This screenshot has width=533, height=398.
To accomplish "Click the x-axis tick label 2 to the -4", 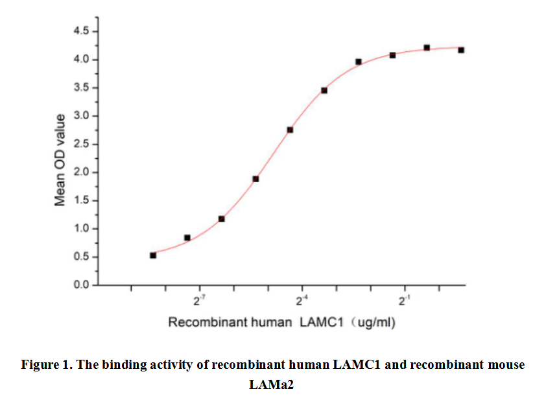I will [302, 301].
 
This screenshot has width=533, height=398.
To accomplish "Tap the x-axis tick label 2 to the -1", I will [404, 301].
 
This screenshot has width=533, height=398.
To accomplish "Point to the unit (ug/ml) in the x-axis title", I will [373, 322].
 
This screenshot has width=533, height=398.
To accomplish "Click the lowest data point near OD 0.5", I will [153, 255].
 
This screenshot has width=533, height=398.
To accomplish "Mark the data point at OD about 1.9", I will [255, 179].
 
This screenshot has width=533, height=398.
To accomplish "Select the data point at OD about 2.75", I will [290, 130].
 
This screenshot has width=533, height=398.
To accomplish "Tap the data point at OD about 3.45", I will [324, 90].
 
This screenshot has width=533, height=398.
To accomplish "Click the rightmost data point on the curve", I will [461, 50].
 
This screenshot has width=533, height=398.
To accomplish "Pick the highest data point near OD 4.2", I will [427, 47].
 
